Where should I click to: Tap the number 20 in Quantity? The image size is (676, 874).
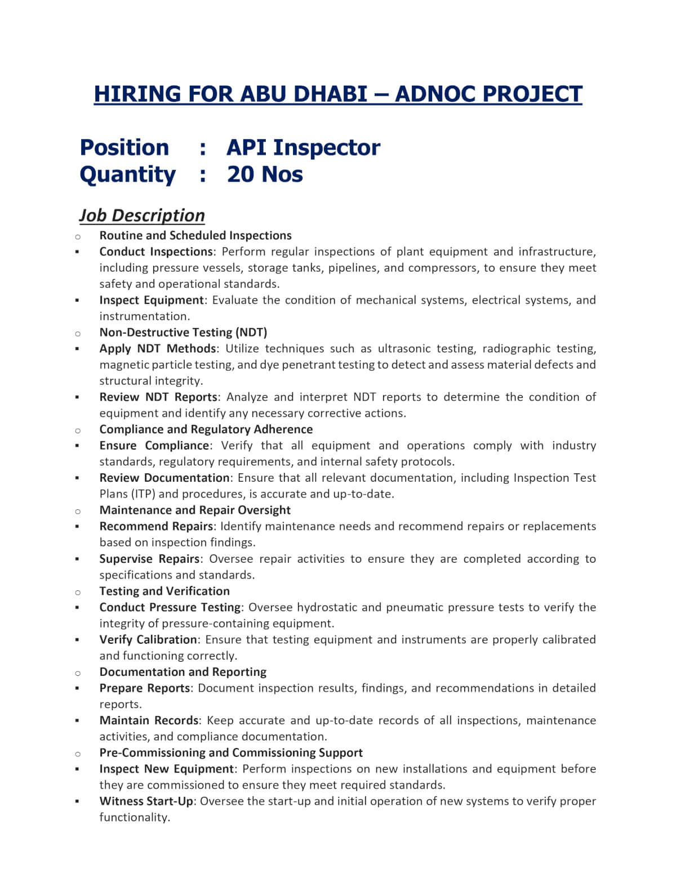point(241,174)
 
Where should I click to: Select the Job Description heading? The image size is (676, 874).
point(141,215)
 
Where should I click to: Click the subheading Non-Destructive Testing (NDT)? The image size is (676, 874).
point(183,332)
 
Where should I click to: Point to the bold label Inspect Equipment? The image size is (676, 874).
point(151,300)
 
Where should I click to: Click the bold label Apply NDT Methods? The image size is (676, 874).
point(158,348)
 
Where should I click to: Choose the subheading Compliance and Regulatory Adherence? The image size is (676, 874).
point(206,429)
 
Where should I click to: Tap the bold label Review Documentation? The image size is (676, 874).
point(164,478)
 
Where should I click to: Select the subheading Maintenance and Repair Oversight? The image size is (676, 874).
point(195,510)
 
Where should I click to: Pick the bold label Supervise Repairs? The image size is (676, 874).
point(149,559)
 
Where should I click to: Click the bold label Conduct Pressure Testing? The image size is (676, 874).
point(170,607)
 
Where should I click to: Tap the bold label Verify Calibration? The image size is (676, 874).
point(148,639)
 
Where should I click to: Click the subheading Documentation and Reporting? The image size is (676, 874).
point(183,672)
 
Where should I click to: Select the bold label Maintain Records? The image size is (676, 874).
point(149,720)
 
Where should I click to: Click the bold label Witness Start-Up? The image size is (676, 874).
point(146,801)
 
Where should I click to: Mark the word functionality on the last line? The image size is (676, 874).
point(134,817)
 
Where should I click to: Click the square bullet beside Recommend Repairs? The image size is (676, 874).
point(77,527)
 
